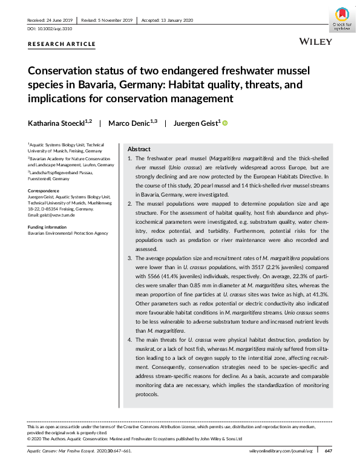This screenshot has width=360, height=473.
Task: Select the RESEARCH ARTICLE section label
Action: pyautogui.click(x=62, y=44)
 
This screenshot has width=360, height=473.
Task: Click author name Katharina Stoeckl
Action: pyautogui.click(x=60, y=123)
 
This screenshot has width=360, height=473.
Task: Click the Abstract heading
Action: pyautogui.click(x=139, y=148)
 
